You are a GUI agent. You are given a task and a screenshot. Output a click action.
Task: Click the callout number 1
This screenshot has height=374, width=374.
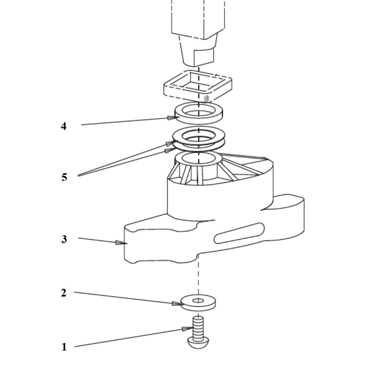pyautogui.click(x=64, y=347)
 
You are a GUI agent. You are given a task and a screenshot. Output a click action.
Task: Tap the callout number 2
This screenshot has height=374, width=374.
pyautogui.click(x=64, y=293)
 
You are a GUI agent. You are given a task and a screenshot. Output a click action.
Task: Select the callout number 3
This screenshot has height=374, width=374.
pyautogui.click(x=64, y=239)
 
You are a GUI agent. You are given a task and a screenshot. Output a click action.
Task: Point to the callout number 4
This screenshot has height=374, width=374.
pyautogui.click(x=64, y=126)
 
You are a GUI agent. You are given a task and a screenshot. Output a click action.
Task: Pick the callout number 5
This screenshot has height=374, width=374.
pyautogui.click(x=64, y=177)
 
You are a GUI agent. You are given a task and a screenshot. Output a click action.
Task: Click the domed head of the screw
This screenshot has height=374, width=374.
pyautogui.click(x=198, y=343)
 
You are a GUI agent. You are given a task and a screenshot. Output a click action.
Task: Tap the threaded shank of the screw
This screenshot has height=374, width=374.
pyautogui.click(x=198, y=327)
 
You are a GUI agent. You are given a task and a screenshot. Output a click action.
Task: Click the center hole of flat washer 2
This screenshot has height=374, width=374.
pyautogui.click(x=198, y=300)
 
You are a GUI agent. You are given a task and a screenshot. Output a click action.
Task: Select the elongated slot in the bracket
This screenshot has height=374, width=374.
pyautogui.click(x=239, y=233)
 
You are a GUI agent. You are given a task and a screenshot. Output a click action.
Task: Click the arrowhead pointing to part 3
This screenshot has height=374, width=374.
pyautogui.click(x=121, y=243)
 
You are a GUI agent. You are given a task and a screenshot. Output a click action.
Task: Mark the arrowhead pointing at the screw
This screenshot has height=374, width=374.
pyautogui.click(x=188, y=329)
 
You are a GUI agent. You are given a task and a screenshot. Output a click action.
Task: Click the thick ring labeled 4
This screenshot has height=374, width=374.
pyautogui.click(x=199, y=113)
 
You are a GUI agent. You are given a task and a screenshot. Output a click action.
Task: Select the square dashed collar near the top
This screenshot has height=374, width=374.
pyautogui.click(x=198, y=86)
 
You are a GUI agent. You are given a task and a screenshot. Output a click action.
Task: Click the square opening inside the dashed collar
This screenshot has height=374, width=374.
pyautogui.click(x=198, y=82)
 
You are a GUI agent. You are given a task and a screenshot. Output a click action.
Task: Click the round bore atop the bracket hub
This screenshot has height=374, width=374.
pyautogui.click(x=198, y=158)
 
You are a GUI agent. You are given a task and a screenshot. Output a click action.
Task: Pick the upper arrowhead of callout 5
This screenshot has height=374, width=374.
pyautogui.click(x=172, y=143)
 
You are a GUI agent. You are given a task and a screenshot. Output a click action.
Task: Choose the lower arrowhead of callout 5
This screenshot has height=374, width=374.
pyautogui.click(x=170, y=150)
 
